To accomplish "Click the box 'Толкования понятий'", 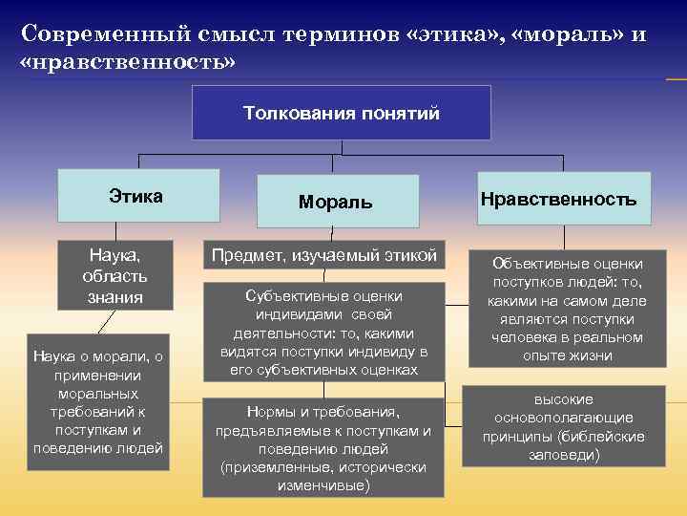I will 342,113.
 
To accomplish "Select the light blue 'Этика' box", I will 138,196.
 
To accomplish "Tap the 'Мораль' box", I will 335,202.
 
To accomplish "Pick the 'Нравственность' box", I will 558,199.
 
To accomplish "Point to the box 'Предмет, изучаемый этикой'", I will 323,255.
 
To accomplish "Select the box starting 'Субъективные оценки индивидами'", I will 323,332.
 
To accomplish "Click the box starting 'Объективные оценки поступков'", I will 568,309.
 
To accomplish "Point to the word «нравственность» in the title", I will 126,61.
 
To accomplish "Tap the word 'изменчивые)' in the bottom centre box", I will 323,485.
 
